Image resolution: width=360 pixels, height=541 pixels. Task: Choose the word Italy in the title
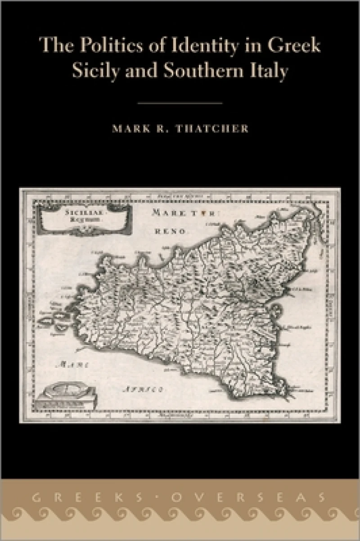coord(270,72)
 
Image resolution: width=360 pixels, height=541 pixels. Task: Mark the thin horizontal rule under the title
coord(180,103)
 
